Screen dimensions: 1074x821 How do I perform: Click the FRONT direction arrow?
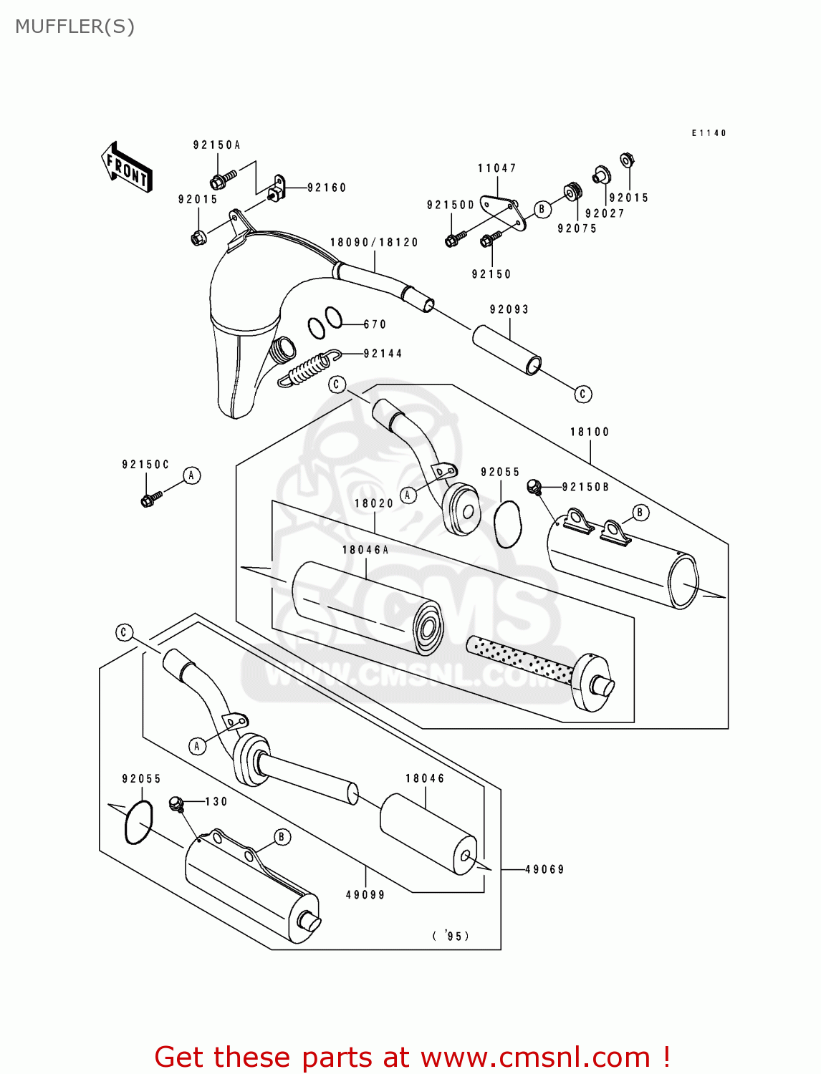127,168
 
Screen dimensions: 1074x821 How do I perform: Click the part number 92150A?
216,145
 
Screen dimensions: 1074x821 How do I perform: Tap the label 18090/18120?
374,242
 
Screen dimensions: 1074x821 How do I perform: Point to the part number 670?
375,324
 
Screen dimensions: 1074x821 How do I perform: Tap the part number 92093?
509,309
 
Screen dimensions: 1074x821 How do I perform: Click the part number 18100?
590,432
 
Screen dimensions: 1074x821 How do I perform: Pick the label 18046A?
365,550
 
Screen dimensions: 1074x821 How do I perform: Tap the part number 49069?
544,869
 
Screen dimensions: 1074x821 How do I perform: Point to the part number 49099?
365,894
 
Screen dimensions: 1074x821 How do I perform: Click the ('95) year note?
451,936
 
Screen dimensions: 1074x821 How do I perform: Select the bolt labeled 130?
177,804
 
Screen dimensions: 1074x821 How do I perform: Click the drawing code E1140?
709,133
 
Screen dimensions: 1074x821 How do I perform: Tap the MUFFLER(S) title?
75,26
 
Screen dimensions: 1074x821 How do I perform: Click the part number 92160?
327,188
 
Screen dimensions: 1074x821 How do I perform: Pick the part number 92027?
605,213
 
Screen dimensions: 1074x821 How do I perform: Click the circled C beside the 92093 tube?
582,394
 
